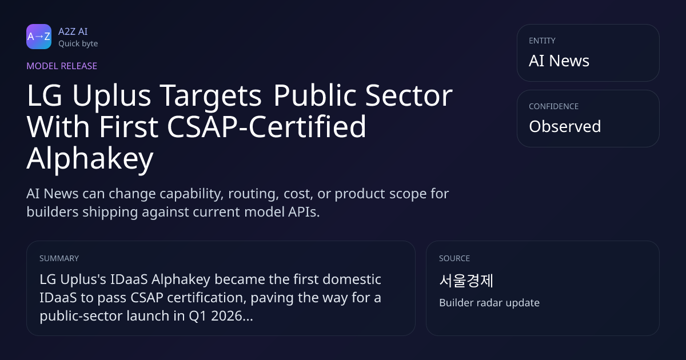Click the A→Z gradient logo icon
39,37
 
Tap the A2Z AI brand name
73,31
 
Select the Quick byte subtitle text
78,44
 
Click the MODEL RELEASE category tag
62,66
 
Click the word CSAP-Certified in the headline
266,126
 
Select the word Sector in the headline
409,95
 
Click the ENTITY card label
542,41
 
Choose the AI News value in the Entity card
559,61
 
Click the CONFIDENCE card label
554,106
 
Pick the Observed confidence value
565,126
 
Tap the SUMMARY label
59,258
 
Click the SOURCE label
454,258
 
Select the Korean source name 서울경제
466,281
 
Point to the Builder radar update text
489,303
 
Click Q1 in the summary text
198,316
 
